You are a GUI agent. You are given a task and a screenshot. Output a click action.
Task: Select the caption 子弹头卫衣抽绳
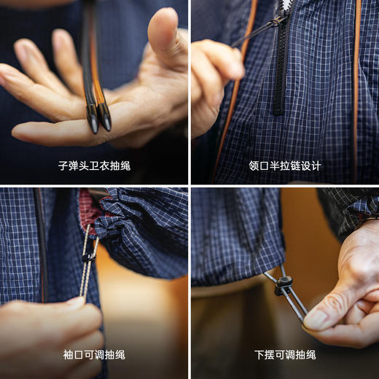point(94,165)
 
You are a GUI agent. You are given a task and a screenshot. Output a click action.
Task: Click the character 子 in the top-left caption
point(63,165)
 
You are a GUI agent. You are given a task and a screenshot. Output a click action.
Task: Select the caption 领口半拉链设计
point(284,165)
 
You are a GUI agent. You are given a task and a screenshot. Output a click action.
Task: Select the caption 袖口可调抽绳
point(94,355)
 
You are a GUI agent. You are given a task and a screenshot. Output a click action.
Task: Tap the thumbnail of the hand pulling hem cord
point(316,319)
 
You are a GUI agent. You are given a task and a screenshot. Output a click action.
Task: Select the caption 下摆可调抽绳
point(284,355)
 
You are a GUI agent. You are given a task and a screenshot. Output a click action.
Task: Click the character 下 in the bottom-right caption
point(259,355)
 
